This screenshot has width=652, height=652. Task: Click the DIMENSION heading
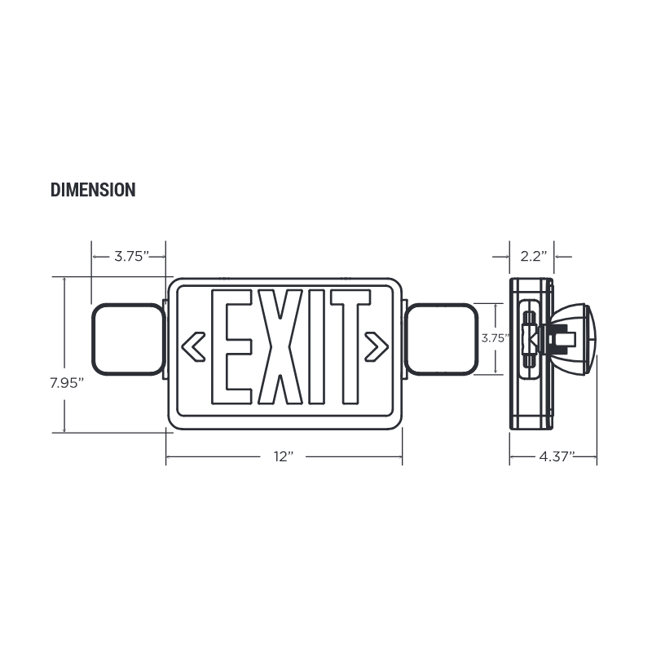click(x=93, y=190)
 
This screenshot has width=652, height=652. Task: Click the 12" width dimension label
click(x=284, y=458)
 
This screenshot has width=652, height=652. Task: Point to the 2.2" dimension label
click(x=532, y=256)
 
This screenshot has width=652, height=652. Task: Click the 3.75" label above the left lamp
click(x=130, y=256)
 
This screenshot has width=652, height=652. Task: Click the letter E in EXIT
click(x=231, y=347)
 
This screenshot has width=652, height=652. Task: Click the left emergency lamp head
click(x=127, y=338)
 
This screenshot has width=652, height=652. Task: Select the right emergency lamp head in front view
click(x=441, y=338)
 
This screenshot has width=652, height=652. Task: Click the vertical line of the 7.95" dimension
click(x=63, y=326)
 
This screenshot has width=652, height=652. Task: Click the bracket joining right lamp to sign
click(x=405, y=338)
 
